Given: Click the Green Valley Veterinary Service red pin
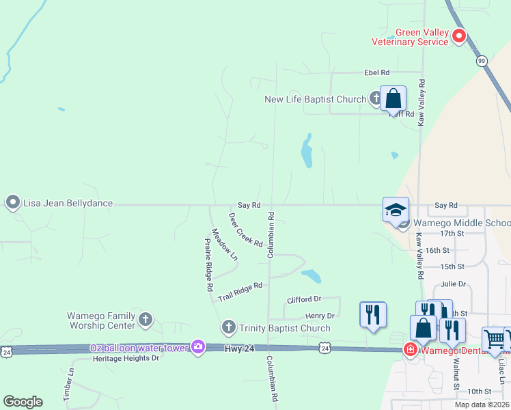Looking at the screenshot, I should (x=459, y=36).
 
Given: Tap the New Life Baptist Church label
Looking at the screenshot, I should (x=316, y=99).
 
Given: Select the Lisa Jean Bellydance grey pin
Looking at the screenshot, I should (x=12, y=202).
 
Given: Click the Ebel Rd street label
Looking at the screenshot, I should (x=376, y=72).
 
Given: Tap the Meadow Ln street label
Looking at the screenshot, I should (x=224, y=245).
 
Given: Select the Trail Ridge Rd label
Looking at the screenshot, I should (x=240, y=292).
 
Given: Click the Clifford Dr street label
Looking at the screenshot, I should (x=304, y=299).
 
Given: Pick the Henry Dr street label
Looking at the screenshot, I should (x=320, y=316).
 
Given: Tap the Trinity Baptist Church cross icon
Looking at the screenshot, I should (x=229, y=327).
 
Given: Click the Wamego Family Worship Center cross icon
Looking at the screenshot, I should (x=145, y=319).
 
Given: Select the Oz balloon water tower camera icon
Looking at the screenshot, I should (x=198, y=347).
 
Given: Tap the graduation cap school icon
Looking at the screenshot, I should (x=396, y=210).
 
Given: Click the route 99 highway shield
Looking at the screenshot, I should (x=482, y=61).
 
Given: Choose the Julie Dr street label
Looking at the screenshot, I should (x=453, y=284).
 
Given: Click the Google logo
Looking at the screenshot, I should (x=23, y=402).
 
